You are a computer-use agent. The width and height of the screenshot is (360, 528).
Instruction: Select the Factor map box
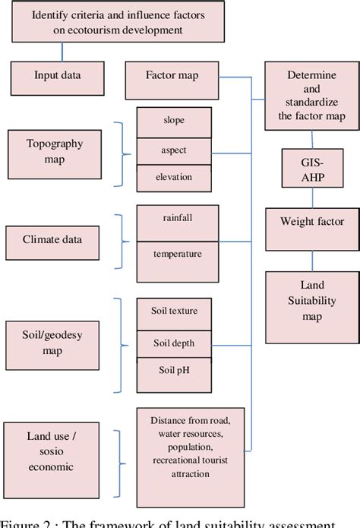(x=172, y=76)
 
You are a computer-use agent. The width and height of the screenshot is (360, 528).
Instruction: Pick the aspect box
(x=173, y=150)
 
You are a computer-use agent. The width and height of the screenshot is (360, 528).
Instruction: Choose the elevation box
(x=173, y=177)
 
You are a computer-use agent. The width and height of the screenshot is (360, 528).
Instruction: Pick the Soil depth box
(x=173, y=343)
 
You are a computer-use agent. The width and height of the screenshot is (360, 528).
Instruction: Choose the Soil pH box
(x=173, y=371)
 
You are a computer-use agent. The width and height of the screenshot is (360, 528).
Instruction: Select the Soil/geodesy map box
(x=55, y=343)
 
